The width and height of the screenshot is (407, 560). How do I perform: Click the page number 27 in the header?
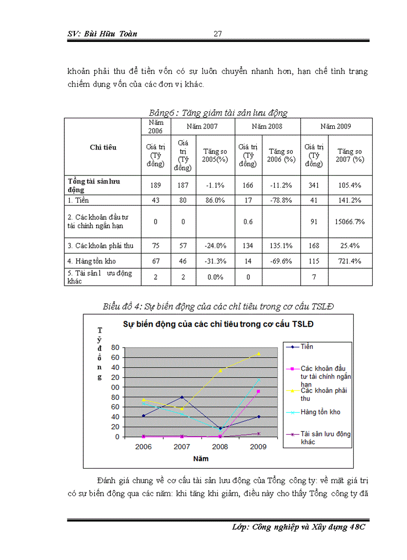[x=217, y=34]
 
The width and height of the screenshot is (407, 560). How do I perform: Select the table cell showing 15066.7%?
[x=350, y=221]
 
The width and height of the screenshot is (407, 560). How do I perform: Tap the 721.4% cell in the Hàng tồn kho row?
[x=350, y=261]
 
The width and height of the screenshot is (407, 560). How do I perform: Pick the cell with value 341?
[x=314, y=185]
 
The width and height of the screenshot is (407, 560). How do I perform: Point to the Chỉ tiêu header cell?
[x=103, y=147]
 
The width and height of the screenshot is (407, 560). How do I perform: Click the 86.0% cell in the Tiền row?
[x=215, y=200]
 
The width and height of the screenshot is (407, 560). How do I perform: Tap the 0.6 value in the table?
[x=248, y=221]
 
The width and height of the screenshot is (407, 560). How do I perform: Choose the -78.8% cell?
[x=280, y=200]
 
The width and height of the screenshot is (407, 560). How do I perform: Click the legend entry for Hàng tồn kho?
[x=320, y=412]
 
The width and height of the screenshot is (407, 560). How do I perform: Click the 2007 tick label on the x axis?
[x=182, y=447]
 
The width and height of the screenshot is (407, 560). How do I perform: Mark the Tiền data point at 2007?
[x=182, y=397]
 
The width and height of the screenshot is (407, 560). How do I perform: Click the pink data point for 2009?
[x=258, y=391]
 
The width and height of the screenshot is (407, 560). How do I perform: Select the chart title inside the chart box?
[x=219, y=324]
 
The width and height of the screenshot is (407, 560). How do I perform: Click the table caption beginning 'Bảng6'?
[x=218, y=113]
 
